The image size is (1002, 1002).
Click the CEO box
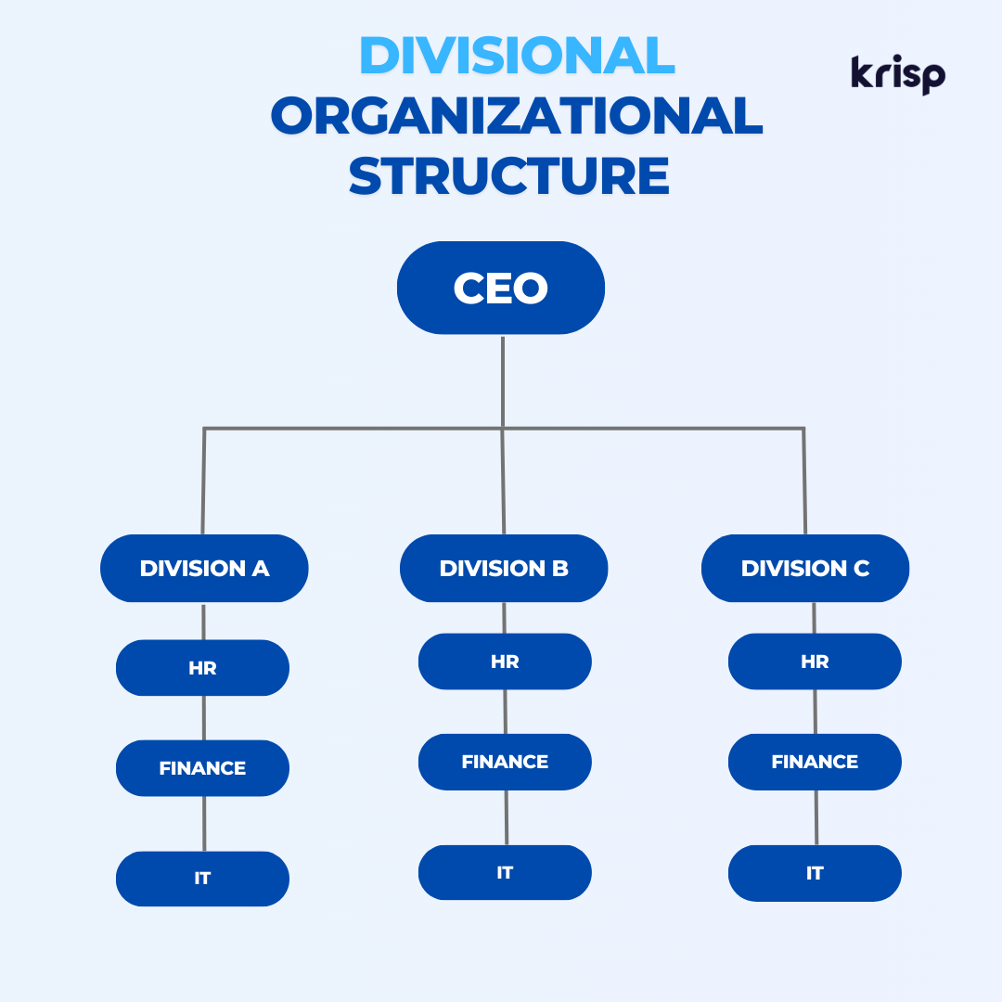click(501, 288)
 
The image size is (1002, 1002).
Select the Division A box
click(204, 568)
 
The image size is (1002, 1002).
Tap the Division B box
click(504, 568)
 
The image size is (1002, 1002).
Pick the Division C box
click(805, 568)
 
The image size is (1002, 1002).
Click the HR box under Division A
click(202, 668)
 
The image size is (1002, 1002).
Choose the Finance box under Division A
click(202, 768)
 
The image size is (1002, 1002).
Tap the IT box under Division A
click(202, 879)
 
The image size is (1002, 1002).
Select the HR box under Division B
click(505, 662)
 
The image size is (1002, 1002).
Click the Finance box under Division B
click(505, 762)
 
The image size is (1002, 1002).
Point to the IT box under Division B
click(505, 872)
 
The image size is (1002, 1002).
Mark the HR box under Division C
click(815, 662)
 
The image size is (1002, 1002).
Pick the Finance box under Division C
click(815, 762)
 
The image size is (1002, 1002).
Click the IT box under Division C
click(815, 873)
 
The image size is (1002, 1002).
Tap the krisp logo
click(898, 75)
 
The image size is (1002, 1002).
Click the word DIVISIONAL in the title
click(517, 55)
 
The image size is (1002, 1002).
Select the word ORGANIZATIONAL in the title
click(517, 116)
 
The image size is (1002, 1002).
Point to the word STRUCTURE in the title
click(508, 175)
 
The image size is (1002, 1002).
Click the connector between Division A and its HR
click(203, 621)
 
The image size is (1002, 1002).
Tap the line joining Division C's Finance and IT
click(816, 817)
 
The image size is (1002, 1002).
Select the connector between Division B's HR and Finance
click(506, 712)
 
